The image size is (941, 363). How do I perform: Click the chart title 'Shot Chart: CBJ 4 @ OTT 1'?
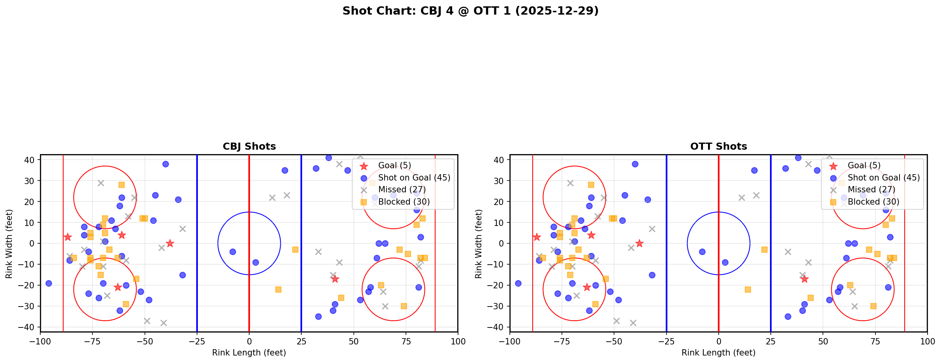[x=470, y=11]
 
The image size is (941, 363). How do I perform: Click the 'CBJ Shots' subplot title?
[x=249, y=147]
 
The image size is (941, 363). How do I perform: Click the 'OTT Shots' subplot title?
[x=718, y=147]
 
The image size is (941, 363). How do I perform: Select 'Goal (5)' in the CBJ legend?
[x=394, y=166]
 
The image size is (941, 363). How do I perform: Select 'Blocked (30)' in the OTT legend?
[x=873, y=202]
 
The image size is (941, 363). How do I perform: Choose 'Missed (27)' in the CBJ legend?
[x=402, y=190]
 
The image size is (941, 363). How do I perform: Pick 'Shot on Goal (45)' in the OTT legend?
[x=883, y=178]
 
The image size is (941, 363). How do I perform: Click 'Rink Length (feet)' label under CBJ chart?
[x=249, y=353]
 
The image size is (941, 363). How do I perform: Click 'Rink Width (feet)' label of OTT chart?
[x=479, y=243]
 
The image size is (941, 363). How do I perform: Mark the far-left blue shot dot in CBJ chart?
[x=49, y=283]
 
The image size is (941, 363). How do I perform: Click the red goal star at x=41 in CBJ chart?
[x=335, y=279]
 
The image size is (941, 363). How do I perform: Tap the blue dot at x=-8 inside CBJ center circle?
[x=233, y=252]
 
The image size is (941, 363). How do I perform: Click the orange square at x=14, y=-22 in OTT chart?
[x=748, y=290]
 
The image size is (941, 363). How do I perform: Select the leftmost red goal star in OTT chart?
[x=537, y=237]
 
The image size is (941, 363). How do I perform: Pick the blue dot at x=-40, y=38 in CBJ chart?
[x=165, y=164]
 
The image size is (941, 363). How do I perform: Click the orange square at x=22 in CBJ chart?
[x=295, y=250]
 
